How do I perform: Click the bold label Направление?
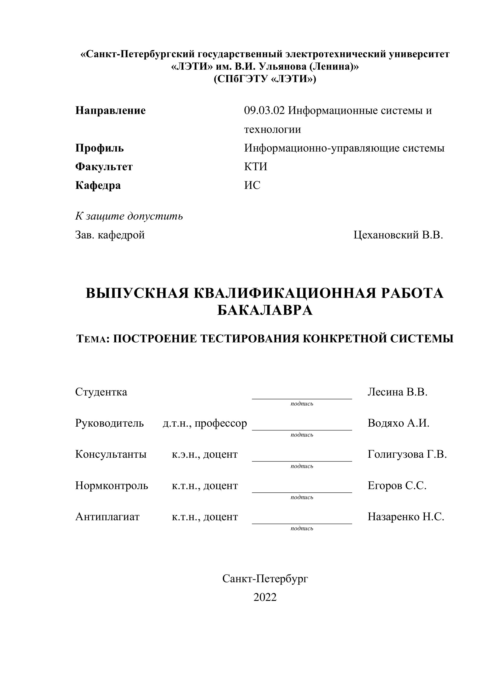(x=110, y=110)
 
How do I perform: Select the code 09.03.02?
(x=264, y=110)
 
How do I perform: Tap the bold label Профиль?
(x=99, y=148)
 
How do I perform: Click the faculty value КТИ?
(x=255, y=167)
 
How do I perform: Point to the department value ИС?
(x=252, y=185)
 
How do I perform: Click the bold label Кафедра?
(x=98, y=185)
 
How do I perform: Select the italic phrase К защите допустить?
(x=129, y=216)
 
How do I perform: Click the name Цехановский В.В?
(x=398, y=235)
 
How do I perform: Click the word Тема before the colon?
(x=92, y=339)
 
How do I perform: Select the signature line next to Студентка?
(x=302, y=398)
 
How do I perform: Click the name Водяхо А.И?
(x=398, y=423)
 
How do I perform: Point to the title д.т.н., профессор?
(x=204, y=423)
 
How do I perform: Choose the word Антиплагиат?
(x=107, y=517)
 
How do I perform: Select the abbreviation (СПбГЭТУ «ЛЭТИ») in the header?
(x=265, y=79)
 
